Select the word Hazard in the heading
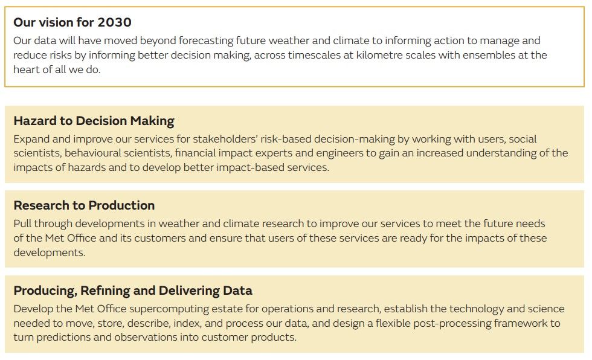[x=34, y=120]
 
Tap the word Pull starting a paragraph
[x=23, y=223]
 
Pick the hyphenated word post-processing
[x=443, y=323]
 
